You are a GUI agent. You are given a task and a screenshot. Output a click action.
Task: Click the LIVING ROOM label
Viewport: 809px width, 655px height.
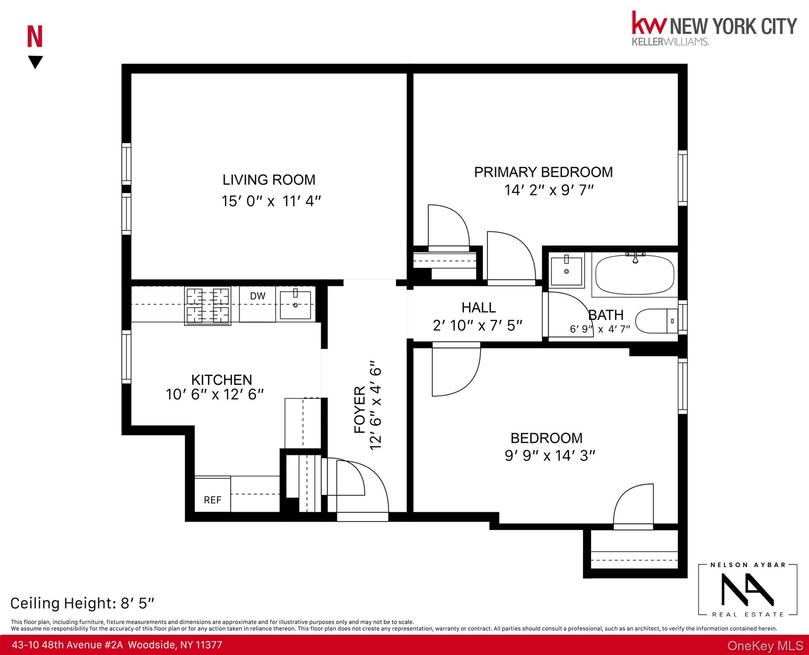(x=269, y=180)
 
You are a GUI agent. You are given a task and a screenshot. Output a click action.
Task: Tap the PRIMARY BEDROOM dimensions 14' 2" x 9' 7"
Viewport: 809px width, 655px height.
(x=549, y=190)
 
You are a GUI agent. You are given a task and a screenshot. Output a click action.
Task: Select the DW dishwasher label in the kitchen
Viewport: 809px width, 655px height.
(x=257, y=296)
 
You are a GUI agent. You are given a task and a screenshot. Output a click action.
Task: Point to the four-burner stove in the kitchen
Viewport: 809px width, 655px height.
(x=207, y=305)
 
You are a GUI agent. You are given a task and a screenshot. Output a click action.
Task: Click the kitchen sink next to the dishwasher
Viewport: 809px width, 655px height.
(x=295, y=304)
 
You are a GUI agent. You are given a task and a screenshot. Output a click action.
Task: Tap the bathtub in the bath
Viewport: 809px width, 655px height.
(x=634, y=275)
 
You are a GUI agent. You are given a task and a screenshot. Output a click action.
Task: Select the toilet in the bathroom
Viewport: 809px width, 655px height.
(x=655, y=321)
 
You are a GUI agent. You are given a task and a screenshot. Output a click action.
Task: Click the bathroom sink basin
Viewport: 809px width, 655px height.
(x=566, y=271)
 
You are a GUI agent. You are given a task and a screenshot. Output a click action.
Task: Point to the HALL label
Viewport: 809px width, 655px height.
(x=478, y=307)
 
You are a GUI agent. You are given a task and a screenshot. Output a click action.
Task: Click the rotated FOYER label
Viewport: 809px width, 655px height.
(x=360, y=409)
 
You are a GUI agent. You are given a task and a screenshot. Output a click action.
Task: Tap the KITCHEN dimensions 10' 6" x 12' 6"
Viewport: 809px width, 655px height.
(x=215, y=394)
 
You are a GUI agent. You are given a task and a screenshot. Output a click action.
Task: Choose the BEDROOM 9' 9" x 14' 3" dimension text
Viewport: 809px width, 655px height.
(x=550, y=456)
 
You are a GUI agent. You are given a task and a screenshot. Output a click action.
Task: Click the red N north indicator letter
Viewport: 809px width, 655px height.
(x=35, y=37)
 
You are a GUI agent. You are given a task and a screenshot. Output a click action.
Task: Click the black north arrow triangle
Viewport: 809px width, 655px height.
(x=35, y=62)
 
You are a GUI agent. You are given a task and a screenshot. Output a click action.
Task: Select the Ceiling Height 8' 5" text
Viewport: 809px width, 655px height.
(x=82, y=603)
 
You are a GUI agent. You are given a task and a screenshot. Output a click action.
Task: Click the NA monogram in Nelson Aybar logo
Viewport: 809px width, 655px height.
(x=747, y=589)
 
